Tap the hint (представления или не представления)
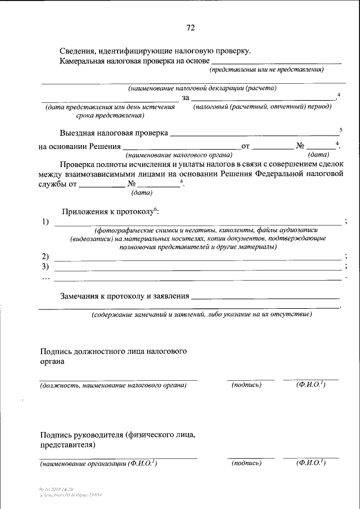pyautogui.click(x=267, y=70)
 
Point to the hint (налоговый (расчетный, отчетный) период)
pyautogui.click(x=262, y=106)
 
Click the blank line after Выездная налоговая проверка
pyautogui.click(x=253, y=134)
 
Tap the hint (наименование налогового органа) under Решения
pyautogui.click(x=179, y=154)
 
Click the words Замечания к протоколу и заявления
pyautogui.click(x=124, y=296)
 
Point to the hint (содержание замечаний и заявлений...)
pyautogui.click(x=202, y=315)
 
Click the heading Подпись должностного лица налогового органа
pyautogui.click(x=113, y=357)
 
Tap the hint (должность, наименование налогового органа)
pyautogui.click(x=113, y=385)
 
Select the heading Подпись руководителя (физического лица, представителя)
pyautogui.click(x=118, y=439)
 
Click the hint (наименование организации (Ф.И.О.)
pyautogui.click(x=98, y=463)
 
